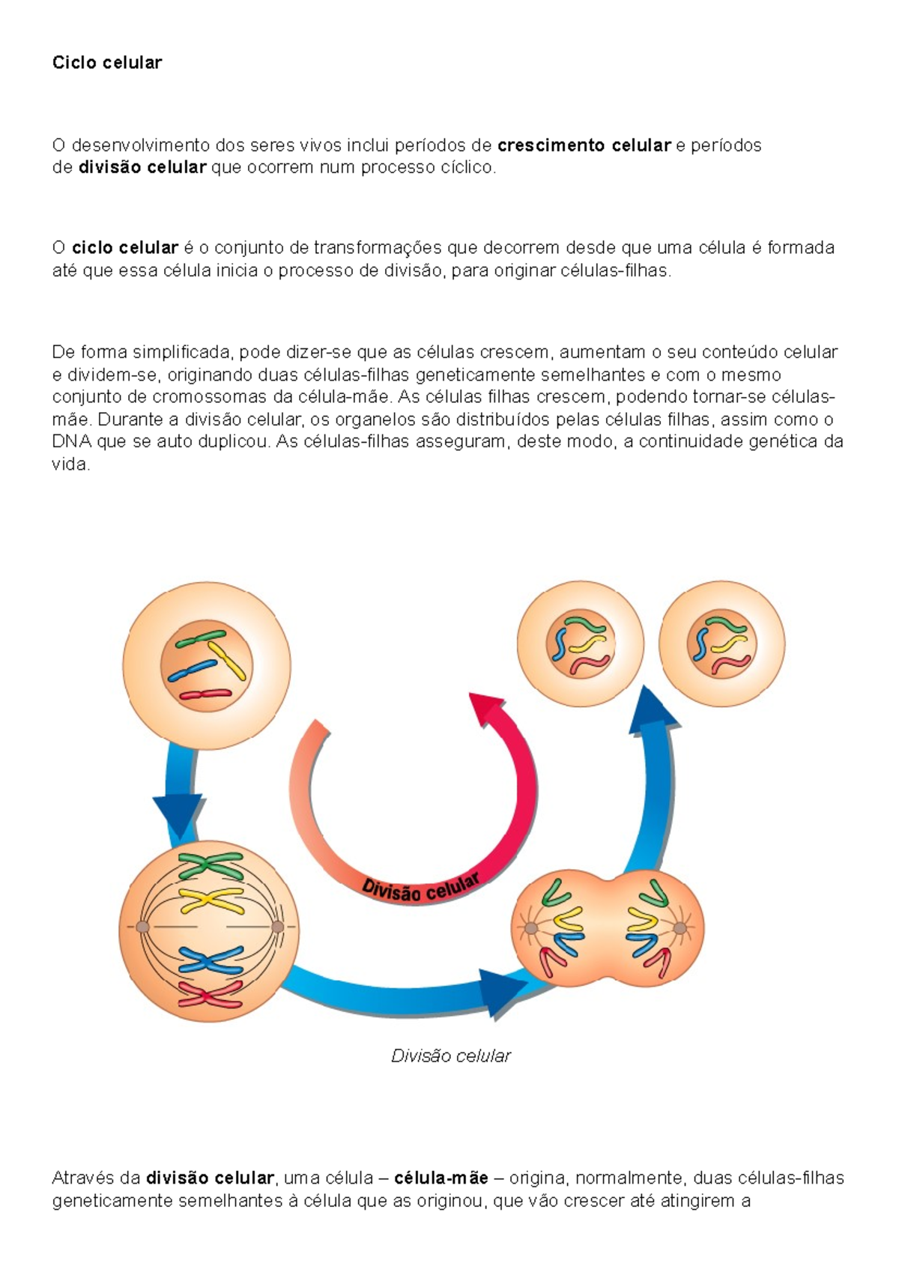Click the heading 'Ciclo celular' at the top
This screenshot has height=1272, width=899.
point(106,63)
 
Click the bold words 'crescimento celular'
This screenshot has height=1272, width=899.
point(584,145)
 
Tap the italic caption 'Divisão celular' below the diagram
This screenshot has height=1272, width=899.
point(450,1056)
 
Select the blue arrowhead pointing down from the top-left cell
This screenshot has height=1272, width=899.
point(178,814)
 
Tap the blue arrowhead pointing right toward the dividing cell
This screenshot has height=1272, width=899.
point(500,992)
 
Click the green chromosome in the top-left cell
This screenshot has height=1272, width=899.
point(201,638)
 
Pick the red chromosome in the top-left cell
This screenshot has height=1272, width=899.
point(205,694)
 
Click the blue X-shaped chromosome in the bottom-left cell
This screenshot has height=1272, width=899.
point(211,960)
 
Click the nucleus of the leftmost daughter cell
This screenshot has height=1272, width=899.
point(581,644)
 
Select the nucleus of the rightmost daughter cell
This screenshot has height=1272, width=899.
point(721,644)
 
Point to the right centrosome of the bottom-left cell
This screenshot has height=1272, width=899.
point(277,927)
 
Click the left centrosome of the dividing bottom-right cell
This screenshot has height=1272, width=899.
point(530,929)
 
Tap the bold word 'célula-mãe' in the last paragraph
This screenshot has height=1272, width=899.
point(441,1178)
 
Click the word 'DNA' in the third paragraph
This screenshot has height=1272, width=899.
point(72,442)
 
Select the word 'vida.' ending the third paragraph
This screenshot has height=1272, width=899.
point(71,464)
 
